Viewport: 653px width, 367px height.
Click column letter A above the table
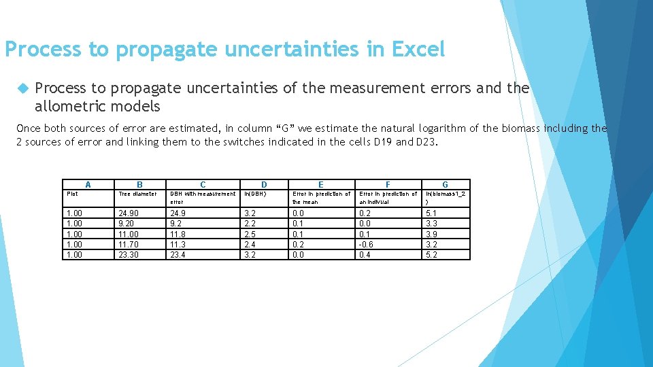click(x=88, y=184)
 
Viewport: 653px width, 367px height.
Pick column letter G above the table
click(x=445, y=184)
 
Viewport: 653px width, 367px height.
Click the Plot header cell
click(x=72, y=194)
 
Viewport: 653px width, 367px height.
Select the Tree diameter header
click(x=138, y=194)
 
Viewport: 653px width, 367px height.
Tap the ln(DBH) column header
click(x=256, y=194)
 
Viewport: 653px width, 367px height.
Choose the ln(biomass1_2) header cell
click(x=446, y=197)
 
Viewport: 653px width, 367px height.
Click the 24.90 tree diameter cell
click(x=129, y=213)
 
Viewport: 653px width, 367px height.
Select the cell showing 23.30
click(x=129, y=255)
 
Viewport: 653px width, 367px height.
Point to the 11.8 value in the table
click(x=177, y=234)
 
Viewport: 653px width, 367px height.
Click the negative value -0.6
click(x=367, y=245)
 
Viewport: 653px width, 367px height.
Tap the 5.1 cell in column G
click(x=431, y=213)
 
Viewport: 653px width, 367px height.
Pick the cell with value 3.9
click(x=431, y=234)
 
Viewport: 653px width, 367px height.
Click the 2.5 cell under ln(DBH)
click(x=250, y=234)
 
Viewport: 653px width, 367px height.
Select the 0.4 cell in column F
click(x=365, y=255)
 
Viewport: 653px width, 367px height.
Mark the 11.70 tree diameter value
click(x=129, y=245)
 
